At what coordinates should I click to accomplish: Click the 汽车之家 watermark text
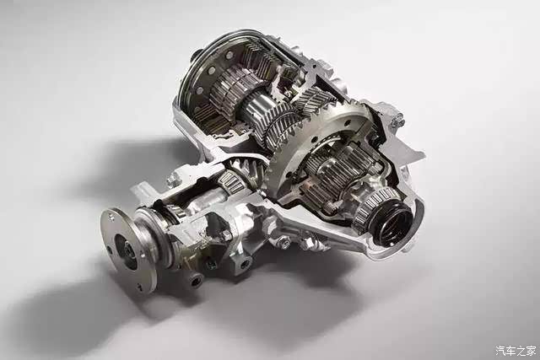[516, 351]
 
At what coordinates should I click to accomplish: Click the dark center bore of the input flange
[126, 251]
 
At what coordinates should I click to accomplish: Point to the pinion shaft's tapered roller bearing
[232, 181]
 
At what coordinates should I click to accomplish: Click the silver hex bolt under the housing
[284, 242]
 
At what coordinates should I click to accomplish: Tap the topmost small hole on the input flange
[111, 216]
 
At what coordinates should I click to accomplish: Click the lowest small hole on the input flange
[139, 287]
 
